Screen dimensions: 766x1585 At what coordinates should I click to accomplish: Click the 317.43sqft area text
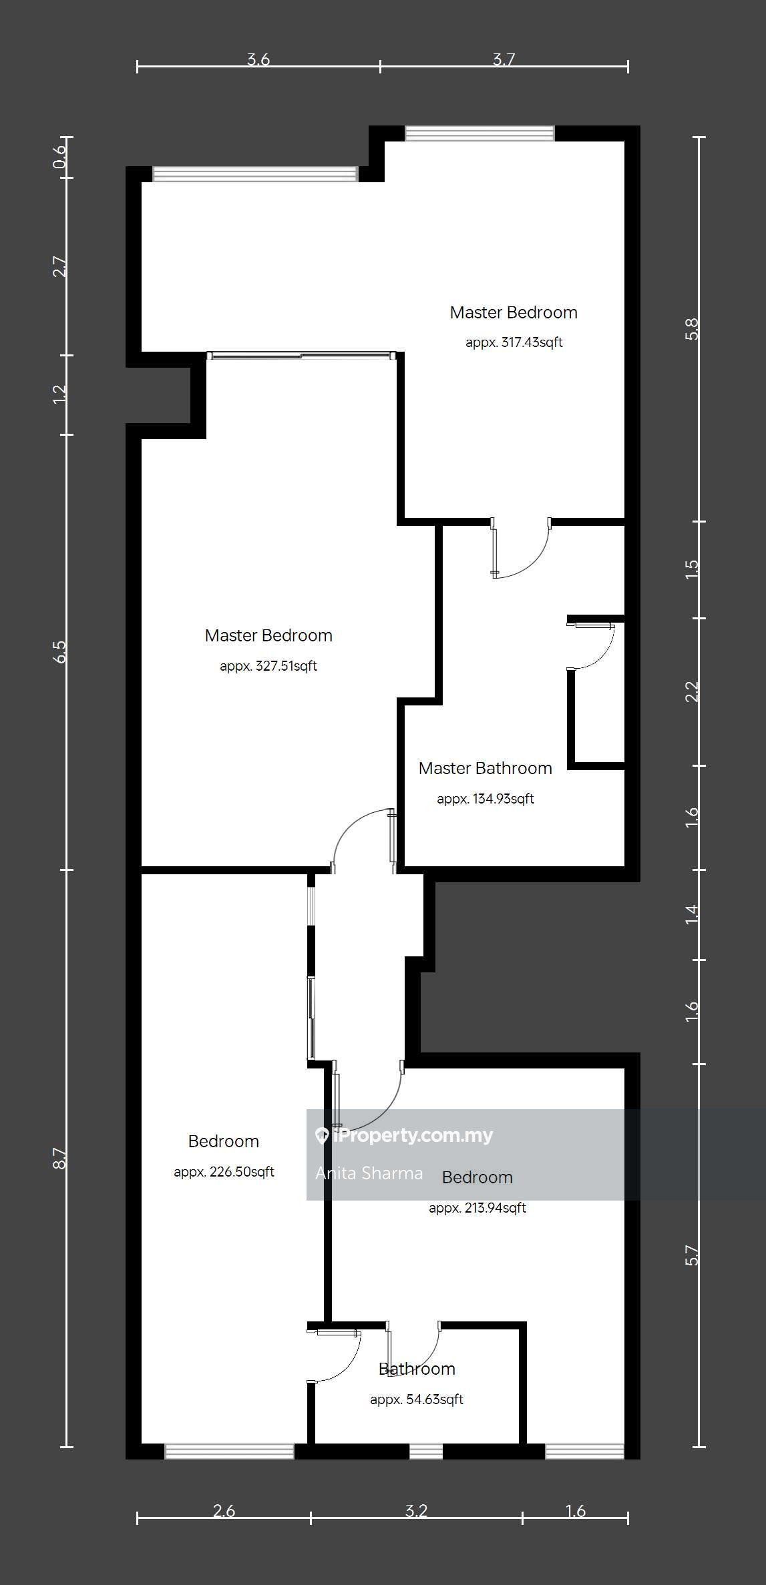[x=514, y=342]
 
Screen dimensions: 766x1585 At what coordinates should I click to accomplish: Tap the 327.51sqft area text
[x=268, y=666]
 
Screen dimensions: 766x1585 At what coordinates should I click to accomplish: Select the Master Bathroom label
[x=486, y=768]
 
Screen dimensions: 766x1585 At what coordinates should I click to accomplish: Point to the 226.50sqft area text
[x=224, y=1172]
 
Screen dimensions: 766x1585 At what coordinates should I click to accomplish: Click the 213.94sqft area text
[x=477, y=1208]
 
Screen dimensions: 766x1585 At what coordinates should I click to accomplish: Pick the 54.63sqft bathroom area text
[x=417, y=1399]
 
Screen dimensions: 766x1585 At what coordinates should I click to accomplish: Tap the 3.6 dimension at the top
[x=258, y=59]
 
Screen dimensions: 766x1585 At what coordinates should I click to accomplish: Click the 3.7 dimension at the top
[x=504, y=59]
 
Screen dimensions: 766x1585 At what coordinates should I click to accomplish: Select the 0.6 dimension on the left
[x=59, y=157]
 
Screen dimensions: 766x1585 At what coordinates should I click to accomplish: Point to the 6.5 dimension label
[x=59, y=651]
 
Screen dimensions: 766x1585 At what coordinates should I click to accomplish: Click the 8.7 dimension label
[x=59, y=1159]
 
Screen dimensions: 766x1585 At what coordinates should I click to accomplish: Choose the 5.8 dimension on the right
[x=693, y=330]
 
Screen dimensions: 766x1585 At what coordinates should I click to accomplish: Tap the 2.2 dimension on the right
[x=693, y=691]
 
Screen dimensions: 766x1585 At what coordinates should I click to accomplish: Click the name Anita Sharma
[x=369, y=1173]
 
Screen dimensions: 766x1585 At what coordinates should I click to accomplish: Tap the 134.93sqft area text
[x=486, y=799]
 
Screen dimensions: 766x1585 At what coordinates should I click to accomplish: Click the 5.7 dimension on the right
[x=693, y=1255]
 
